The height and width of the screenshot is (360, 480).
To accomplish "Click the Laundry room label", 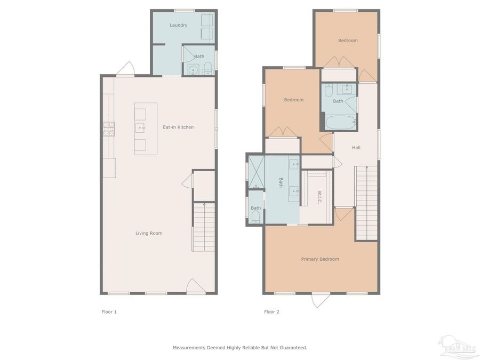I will [x=178, y=25].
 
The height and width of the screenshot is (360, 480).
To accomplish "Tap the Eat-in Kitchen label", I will [x=178, y=127].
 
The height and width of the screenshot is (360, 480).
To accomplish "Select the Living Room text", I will [x=149, y=233].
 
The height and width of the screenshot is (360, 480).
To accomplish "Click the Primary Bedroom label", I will [x=320, y=259].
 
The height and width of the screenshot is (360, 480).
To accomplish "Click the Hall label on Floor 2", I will [x=356, y=147].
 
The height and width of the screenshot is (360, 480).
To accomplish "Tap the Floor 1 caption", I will [x=109, y=311].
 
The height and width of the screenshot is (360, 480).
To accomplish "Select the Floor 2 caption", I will [x=271, y=311].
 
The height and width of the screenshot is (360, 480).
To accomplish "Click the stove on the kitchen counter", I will [x=109, y=129].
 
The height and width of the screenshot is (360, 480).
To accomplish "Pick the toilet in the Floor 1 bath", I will [x=208, y=68].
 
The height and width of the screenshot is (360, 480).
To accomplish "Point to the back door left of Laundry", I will [x=126, y=69].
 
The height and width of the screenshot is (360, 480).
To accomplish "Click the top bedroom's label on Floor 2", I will [x=348, y=41].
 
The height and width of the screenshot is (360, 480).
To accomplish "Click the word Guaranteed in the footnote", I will [x=293, y=347].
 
